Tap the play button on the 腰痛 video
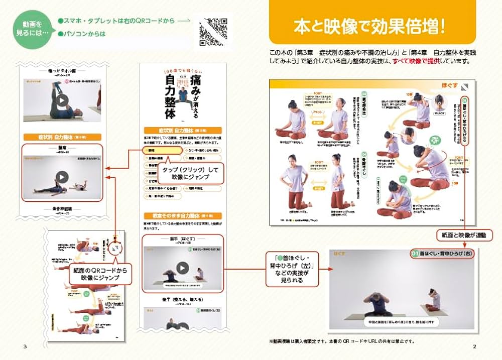tap(62, 177)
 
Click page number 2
tap(474, 347)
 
